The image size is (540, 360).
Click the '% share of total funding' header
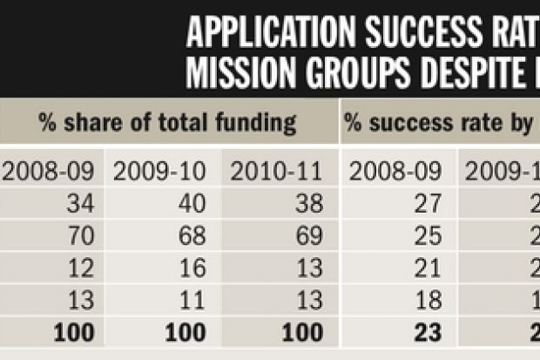(x=168, y=123)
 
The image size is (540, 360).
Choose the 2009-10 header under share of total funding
(x=160, y=171)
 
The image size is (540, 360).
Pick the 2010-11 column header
(x=277, y=171)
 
